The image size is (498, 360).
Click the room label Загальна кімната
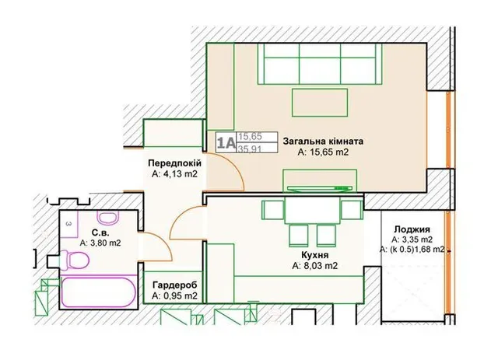point(324,141)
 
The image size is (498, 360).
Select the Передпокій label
point(174,163)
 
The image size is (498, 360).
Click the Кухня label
point(314,255)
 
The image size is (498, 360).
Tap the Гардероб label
point(174,285)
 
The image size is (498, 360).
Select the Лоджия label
point(412,229)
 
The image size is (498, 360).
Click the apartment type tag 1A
point(226,142)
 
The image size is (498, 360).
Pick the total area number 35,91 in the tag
point(250,149)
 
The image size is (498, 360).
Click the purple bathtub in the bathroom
point(99,292)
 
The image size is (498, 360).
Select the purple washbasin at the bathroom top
point(108,218)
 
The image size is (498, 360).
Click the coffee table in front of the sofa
point(320,103)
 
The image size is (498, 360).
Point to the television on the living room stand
point(320,188)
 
